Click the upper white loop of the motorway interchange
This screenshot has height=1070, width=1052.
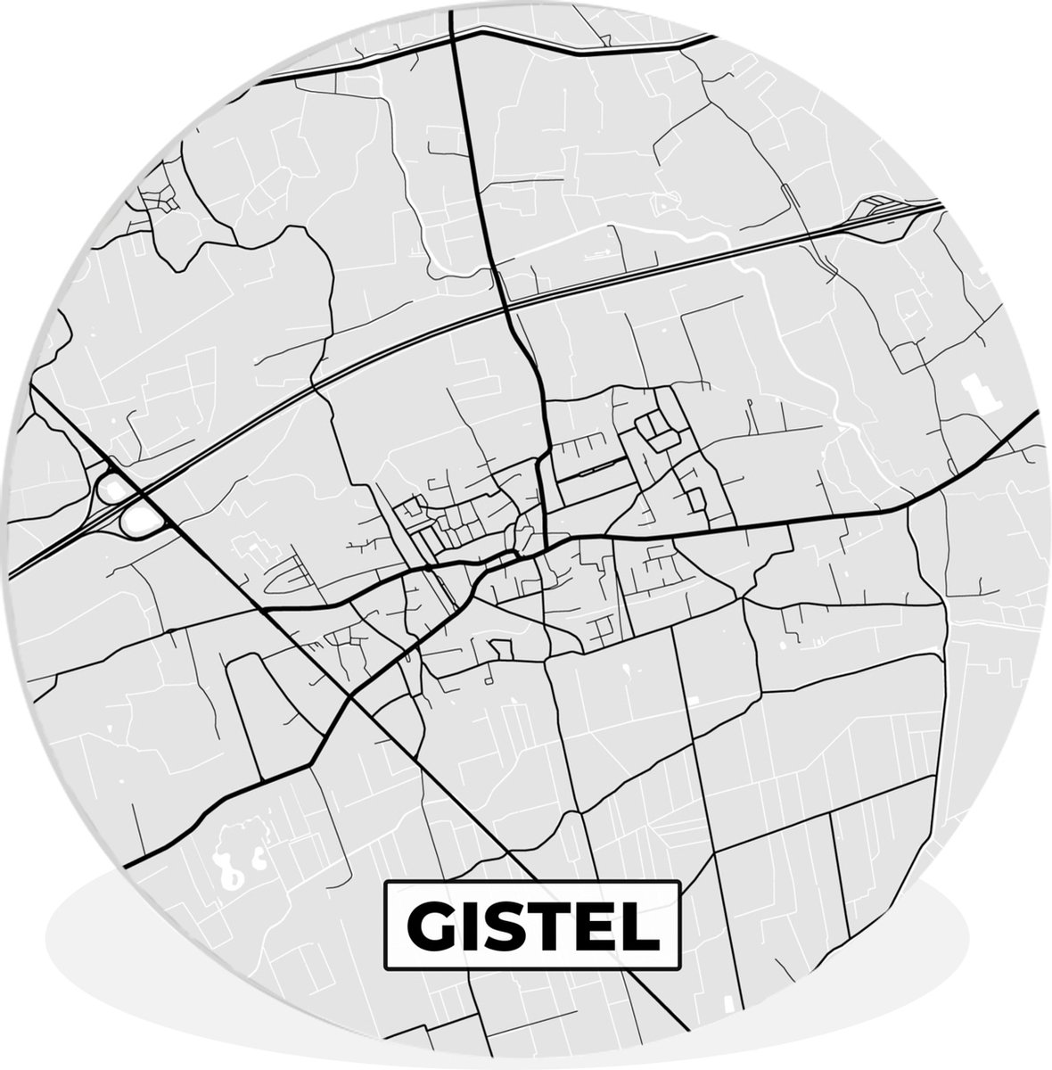coord(113,488)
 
